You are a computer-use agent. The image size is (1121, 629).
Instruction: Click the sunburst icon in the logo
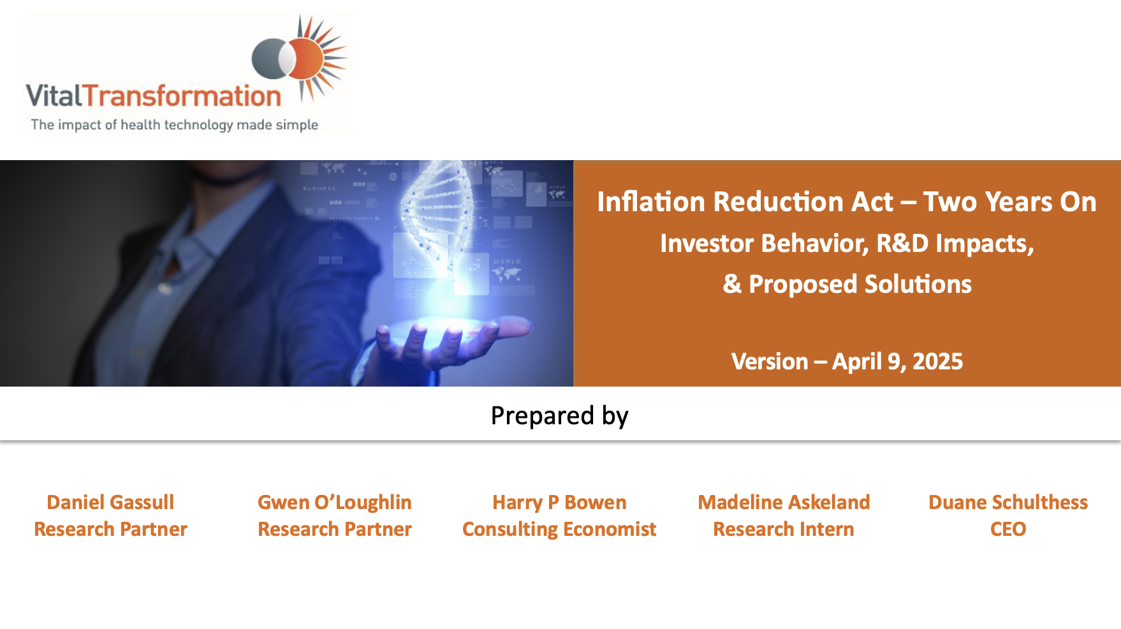300,59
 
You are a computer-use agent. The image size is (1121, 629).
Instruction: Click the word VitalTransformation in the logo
153,96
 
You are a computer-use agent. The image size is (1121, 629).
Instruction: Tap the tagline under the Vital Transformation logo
175,125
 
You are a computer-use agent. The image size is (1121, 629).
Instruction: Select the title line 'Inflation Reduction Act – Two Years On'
847,202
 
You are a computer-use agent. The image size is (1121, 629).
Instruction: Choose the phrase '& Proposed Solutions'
847,285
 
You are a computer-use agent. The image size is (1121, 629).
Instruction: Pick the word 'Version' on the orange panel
770,362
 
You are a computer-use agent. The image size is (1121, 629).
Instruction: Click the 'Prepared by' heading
560,416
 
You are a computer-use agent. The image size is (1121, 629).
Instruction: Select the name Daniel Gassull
110,502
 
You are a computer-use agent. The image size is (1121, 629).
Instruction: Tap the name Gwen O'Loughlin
335,502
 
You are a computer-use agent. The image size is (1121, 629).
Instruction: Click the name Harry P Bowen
559,502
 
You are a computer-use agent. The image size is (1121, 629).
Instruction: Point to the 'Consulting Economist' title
559,529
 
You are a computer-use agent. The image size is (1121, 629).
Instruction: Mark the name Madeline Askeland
784,502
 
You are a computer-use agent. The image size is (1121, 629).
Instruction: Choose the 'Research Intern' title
784,529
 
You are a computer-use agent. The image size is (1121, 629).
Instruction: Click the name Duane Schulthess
1008,502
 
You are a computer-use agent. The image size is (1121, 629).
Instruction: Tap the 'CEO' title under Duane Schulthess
1008,529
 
